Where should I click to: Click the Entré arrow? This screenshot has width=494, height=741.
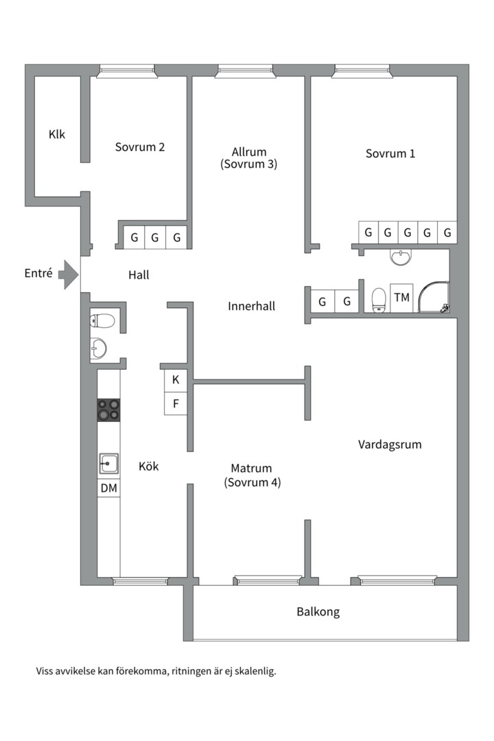pos(69,274)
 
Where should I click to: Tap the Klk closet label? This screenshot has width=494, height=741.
pos(57,134)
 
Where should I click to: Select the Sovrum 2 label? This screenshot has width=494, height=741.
pos(140,147)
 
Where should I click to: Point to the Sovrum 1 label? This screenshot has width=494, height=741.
pos(390,154)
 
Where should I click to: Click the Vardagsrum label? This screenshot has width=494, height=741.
pos(390,445)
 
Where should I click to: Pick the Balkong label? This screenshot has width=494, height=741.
pos(318,612)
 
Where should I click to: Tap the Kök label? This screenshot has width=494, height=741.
pos(148,467)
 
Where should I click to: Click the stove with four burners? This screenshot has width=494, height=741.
pos(108,410)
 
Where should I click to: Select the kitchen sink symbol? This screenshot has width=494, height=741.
pos(108,464)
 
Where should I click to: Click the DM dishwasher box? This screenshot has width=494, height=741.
pos(108,489)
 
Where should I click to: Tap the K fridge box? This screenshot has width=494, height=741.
pos(176,380)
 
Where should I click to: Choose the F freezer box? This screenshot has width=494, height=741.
pos(176,403)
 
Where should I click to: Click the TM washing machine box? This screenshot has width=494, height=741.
pos(402,298)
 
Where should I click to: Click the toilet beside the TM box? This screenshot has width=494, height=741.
pos(379,301)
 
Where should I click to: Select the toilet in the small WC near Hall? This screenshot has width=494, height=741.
pos(102,321)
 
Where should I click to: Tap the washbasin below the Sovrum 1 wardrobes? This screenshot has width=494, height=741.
pos(401,257)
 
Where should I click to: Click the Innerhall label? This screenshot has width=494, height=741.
pos(252,306)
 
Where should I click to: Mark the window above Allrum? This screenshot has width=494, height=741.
pos(246,71)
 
